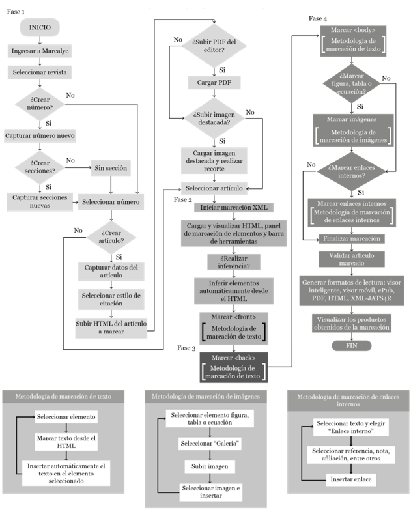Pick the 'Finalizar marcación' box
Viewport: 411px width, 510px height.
[x=352, y=238]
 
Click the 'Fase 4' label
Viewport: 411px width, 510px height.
[x=318, y=18]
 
